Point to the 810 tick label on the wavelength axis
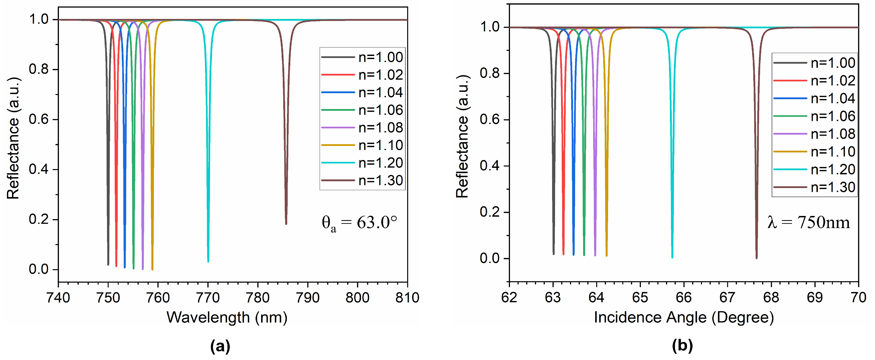click(407, 298)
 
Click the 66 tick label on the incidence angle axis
click(683, 298)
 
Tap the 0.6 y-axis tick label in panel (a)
click(38, 119)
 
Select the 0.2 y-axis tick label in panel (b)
click(489, 212)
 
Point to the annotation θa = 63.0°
click(359, 223)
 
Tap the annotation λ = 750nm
click(808, 222)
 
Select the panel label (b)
click(682, 346)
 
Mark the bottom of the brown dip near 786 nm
click(286, 224)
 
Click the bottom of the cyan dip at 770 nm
click(208, 261)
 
